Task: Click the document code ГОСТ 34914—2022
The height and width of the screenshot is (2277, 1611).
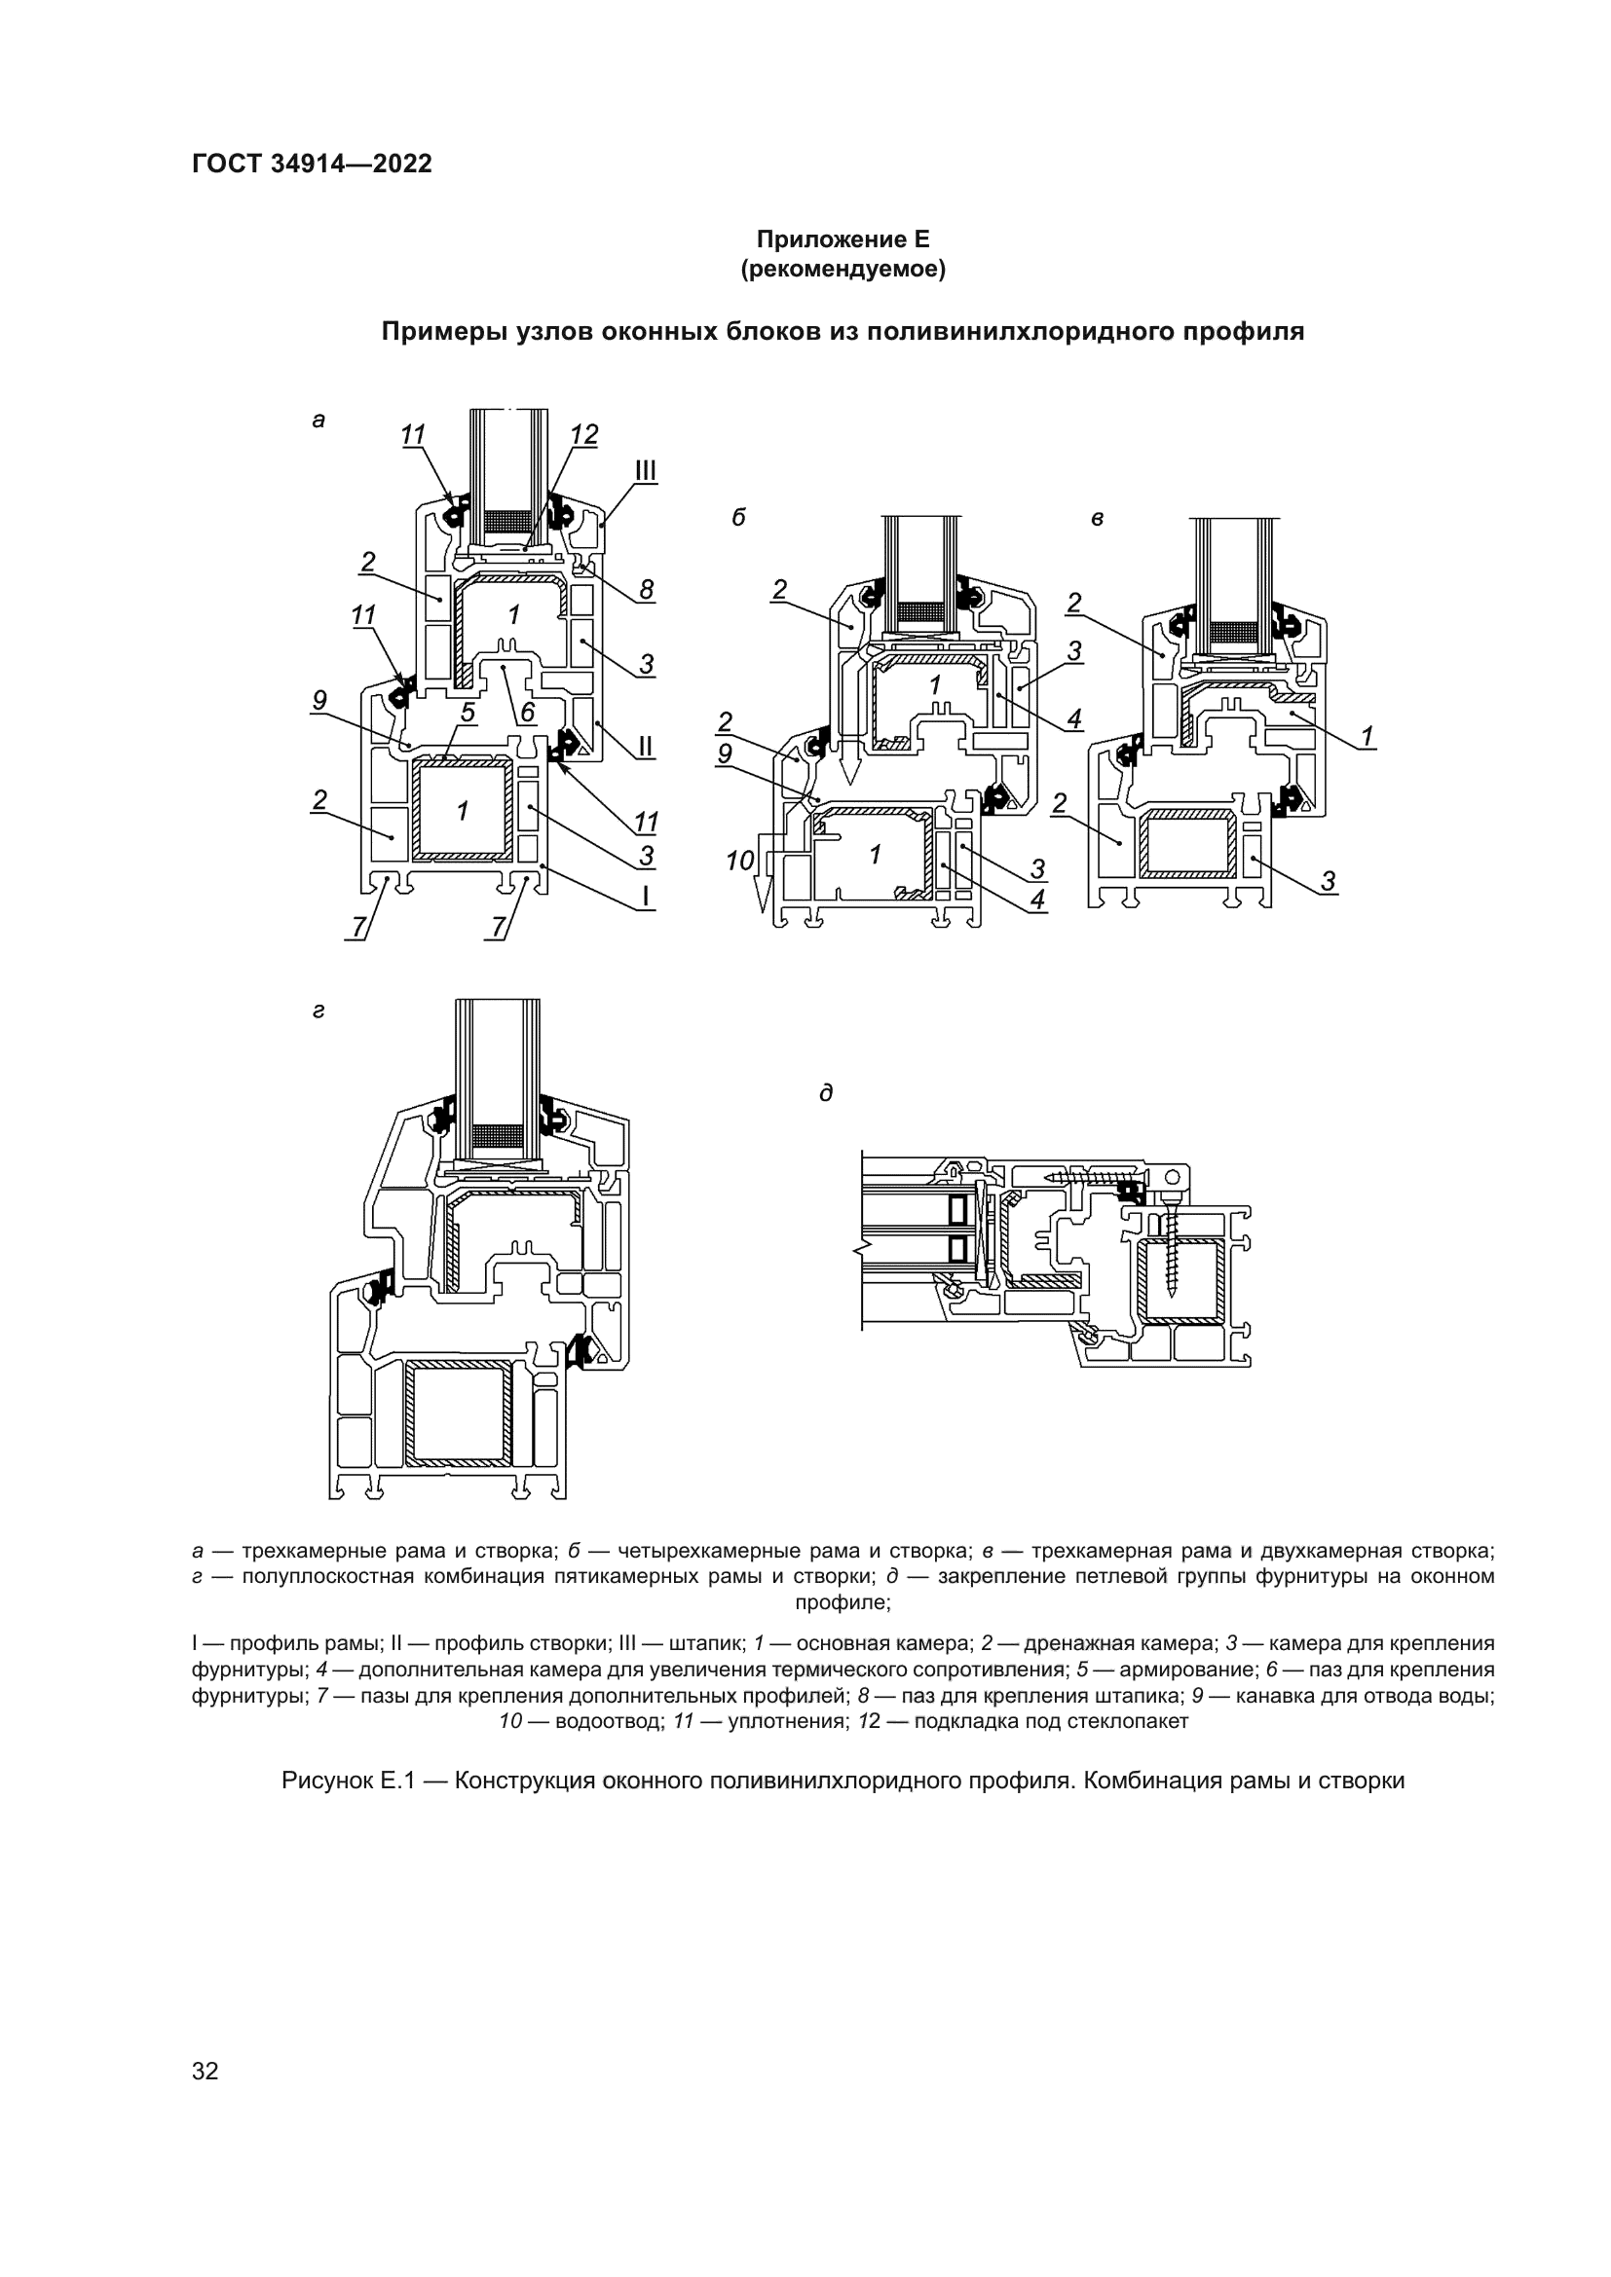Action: [313, 164]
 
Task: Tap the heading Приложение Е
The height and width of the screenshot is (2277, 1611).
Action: [843, 239]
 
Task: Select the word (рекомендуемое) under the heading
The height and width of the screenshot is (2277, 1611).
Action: [843, 269]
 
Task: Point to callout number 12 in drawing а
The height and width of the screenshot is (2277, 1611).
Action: [584, 434]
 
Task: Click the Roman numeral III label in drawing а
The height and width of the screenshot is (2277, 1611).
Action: [646, 470]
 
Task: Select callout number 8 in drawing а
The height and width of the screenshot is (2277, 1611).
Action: [646, 591]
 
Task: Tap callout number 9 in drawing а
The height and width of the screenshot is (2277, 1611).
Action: [319, 700]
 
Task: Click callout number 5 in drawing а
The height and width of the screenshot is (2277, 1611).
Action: [468, 712]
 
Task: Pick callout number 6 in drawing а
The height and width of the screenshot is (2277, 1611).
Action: [527, 712]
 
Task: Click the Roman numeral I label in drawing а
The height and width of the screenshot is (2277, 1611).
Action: [646, 898]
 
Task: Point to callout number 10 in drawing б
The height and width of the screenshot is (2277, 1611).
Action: [740, 861]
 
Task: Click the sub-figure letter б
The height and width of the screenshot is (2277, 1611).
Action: [738, 518]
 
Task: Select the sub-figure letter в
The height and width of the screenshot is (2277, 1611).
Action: [1097, 518]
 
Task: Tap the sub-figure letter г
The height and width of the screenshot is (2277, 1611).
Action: [318, 1011]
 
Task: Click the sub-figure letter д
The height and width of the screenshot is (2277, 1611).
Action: [825, 1093]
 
